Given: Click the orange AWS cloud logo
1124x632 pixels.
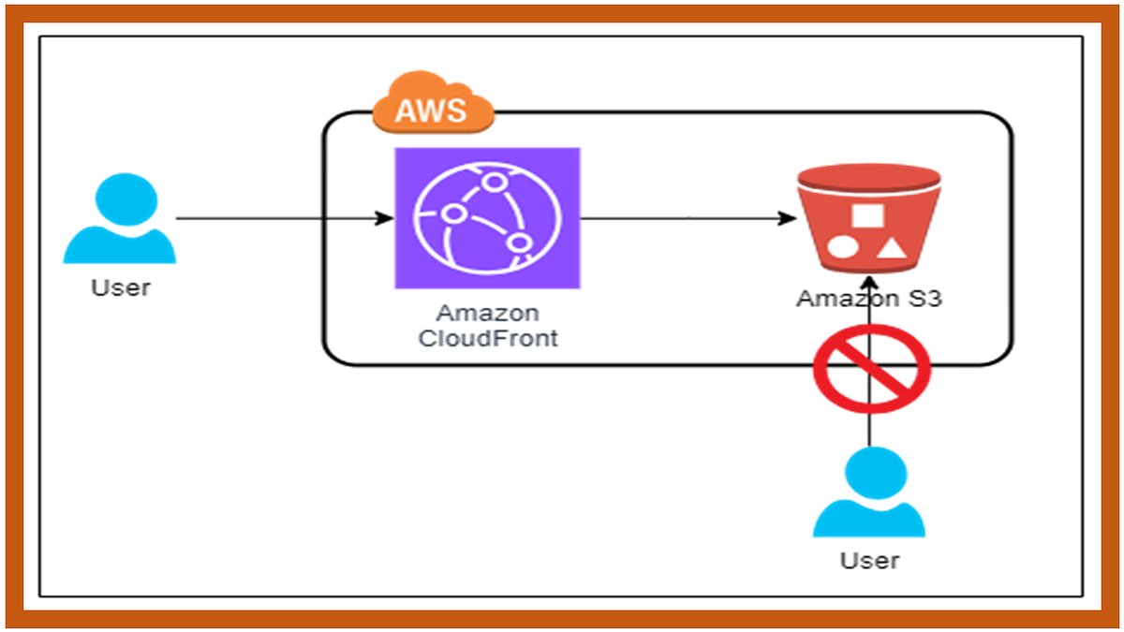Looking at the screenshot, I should [432, 107].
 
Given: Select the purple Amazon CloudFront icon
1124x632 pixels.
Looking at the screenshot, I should [487, 218].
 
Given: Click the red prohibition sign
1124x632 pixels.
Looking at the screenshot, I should [871, 368].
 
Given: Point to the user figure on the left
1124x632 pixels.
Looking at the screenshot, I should [119, 222].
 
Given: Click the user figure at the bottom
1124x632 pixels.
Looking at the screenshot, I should [868, 493].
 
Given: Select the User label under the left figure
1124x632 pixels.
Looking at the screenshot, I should [120, 287].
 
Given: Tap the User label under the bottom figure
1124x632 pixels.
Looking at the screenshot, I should [869, 560].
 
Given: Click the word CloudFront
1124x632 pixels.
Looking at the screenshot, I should [487, 338].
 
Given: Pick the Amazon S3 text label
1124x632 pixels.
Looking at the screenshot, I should [867, 299].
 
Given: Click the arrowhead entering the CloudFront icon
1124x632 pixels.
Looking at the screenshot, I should [384, 218].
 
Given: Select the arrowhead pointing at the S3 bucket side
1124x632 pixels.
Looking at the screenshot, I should [785, 218].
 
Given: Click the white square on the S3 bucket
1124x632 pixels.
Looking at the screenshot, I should [867, 213].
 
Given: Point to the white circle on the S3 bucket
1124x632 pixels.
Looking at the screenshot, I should [841, 247].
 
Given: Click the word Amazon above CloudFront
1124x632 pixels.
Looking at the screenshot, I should [487, 313].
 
